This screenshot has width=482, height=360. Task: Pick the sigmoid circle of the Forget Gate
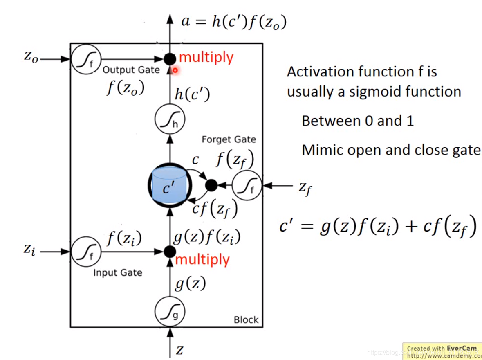247,186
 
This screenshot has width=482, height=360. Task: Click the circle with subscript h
170,120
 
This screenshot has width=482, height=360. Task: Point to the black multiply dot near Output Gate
170,59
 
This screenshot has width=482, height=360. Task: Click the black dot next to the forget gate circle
211,186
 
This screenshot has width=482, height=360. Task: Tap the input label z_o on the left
31,57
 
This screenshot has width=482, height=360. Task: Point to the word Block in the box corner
246,320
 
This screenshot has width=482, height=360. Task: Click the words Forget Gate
229,139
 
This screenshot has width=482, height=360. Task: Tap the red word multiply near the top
206,57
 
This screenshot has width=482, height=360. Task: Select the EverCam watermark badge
442,351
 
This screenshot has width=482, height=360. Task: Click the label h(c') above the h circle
192,94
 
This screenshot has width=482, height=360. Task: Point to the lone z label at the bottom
179,350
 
